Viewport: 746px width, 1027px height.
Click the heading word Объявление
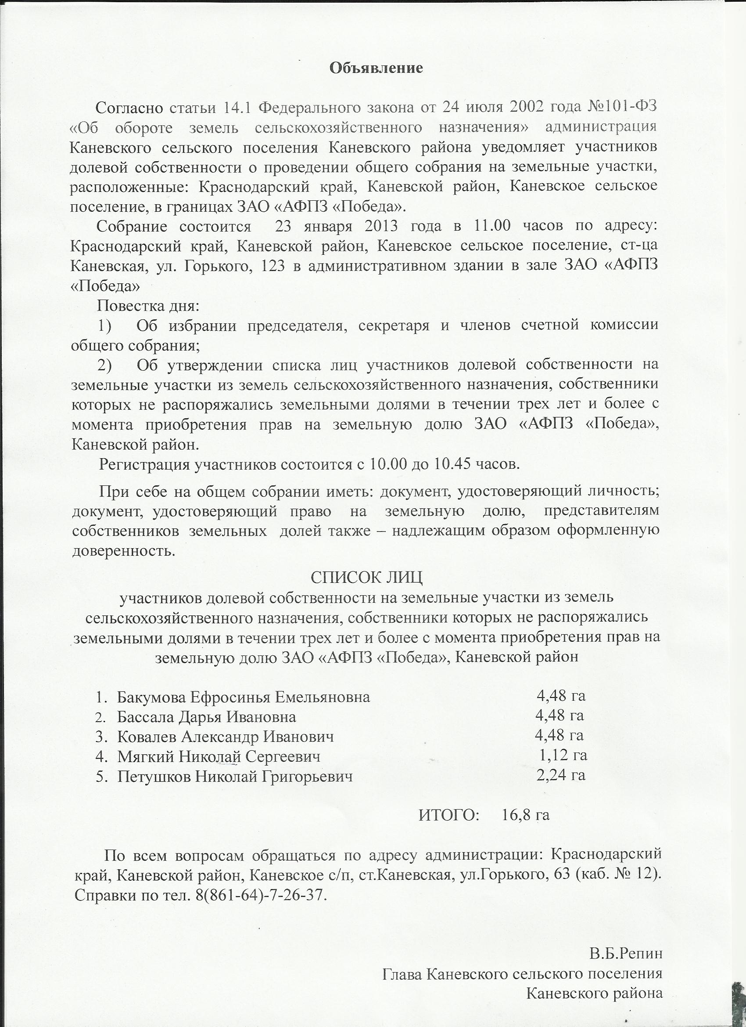[x=376, y=68]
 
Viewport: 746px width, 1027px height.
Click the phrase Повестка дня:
[x=148, y=306]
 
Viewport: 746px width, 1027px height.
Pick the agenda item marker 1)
[x=105, y=325]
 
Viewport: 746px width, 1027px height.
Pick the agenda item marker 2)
[x=105, y=365]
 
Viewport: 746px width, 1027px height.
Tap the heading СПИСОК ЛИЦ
[x=367, y=578]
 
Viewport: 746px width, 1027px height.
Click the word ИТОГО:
[x=449, y=815]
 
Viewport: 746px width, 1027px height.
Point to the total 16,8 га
[x=526, y=815]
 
